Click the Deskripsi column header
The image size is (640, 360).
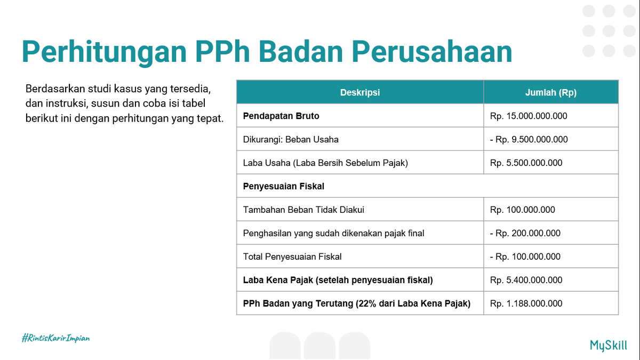click(x=360, y=92)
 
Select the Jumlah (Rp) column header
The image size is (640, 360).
click(x=551, y=92)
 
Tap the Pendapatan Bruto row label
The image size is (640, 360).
click(x=281, y=116)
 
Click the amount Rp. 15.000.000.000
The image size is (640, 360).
click(x=529, y=116)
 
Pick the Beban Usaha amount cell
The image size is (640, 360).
click(x=529, y=139)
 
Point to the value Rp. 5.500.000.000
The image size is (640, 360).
click(x=526, y=163)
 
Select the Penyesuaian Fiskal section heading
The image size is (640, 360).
click(x=284, y=186)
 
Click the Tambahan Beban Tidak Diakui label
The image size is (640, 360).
click(x=303, y=210)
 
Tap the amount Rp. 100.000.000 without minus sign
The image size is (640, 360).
click(x=522, y=210)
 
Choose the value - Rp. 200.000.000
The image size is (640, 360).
click(x=525, y=233)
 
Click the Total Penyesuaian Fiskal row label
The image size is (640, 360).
click(x=292, y=257)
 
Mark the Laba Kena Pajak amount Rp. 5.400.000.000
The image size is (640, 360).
click(x=526, y=280)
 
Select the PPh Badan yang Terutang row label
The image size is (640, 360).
click(x=357, y=303)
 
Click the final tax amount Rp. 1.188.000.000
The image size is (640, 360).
click(x=526, y=303)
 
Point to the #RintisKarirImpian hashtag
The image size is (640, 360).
click(x=55, y=338)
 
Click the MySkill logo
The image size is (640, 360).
click(x=609, y=345)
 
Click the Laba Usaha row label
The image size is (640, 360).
click(x=325, y=163)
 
